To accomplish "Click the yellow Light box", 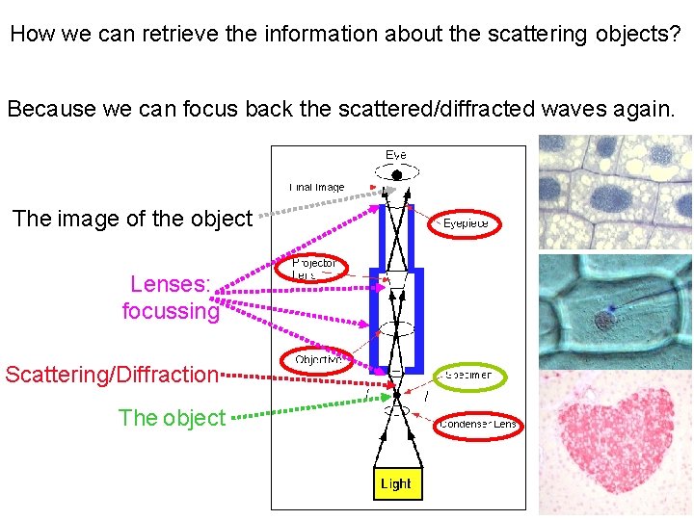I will (395, 483).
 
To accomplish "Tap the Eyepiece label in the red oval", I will (466, 223).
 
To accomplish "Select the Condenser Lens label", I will (478, 424).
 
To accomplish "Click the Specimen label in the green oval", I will (468, 375).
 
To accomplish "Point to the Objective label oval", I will (317, 360).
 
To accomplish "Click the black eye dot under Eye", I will (396, 175).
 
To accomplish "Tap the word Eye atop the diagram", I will (396, 154).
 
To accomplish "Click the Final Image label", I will (316, 187).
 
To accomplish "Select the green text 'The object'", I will (172, 418).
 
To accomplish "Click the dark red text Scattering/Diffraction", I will (112, 374).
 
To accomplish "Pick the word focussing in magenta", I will (171, 311).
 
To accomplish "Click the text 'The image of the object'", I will (131, 219).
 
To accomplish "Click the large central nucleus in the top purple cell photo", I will (609, 198).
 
